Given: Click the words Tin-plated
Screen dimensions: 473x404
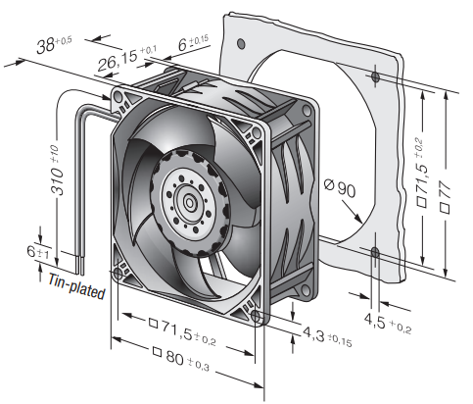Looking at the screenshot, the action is click(x=77, y=287).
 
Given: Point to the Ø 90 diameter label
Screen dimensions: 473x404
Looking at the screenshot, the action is click(x=340, y=187).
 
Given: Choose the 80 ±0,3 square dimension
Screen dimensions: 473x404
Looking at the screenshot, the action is click(x=181, y=359).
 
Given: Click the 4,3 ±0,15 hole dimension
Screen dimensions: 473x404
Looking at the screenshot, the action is click(x=327, y=335).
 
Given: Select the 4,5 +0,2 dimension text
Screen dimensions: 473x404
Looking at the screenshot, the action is click(x=388, y=323).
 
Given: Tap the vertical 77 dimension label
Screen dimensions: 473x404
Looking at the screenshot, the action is click(x=445, y=197).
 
